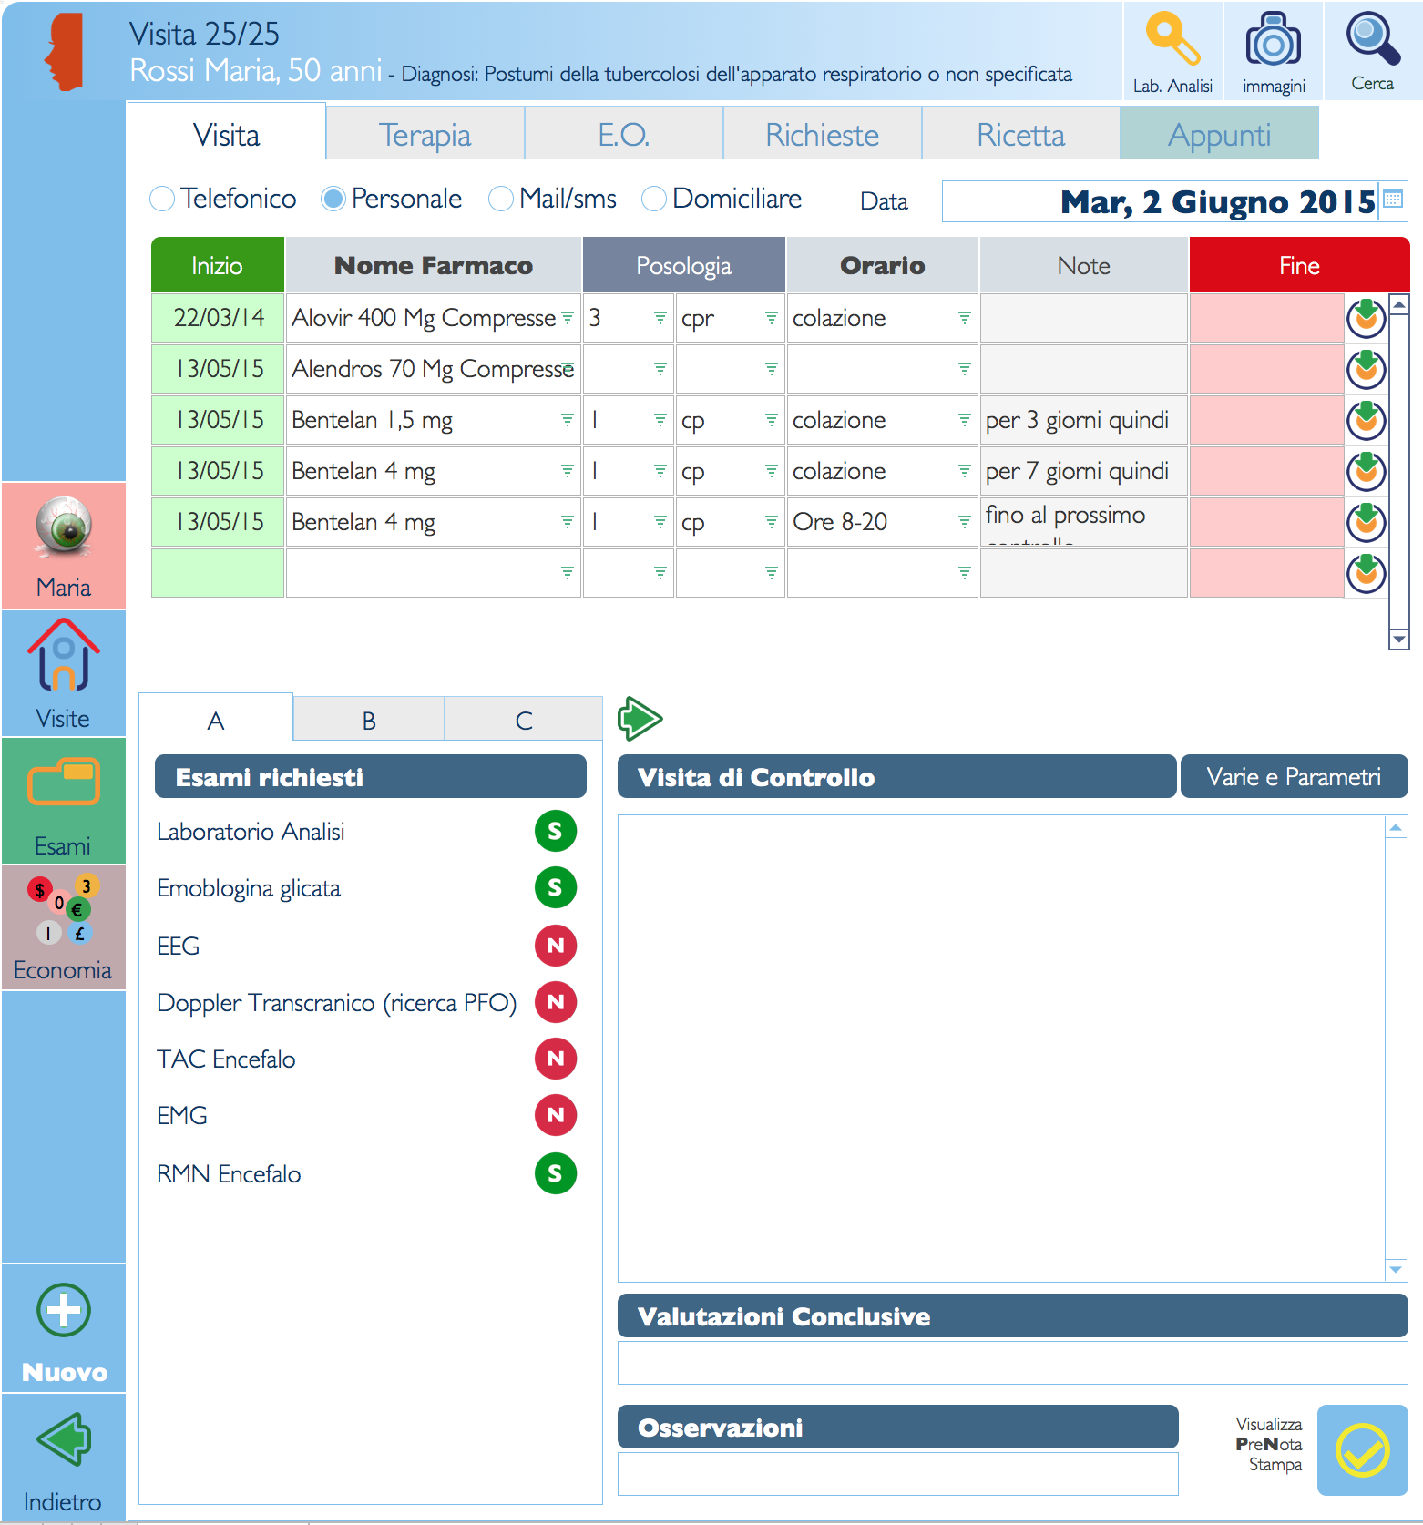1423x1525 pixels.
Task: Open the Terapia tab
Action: (x=425, y=135)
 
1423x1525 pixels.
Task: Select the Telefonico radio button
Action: (x=162, y=199)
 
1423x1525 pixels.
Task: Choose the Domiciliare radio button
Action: (x=653, y=199)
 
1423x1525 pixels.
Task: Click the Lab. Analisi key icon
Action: (x=1172, y=41)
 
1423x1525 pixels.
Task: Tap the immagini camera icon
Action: (x=1273, y=41)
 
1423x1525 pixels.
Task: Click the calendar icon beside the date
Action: (x=1393, y=200)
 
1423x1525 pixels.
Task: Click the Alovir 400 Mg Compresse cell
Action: (x=424, y=318)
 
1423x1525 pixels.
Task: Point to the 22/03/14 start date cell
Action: (x=219, y=318)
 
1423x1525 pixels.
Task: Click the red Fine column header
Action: (x=1298, y=265)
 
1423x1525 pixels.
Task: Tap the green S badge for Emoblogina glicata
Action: (x=555, y=888)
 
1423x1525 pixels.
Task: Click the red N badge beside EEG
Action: (x=555, y=946)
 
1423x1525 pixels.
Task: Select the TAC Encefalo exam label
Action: (x=226, y=1059)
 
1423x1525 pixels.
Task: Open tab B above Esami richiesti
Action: (x=369, y=721)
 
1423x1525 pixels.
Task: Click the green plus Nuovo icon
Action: (x=64, y=1311)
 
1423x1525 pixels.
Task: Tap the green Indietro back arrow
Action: (x=64, y=1439)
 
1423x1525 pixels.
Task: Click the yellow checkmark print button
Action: (x=1362, y=1450)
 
